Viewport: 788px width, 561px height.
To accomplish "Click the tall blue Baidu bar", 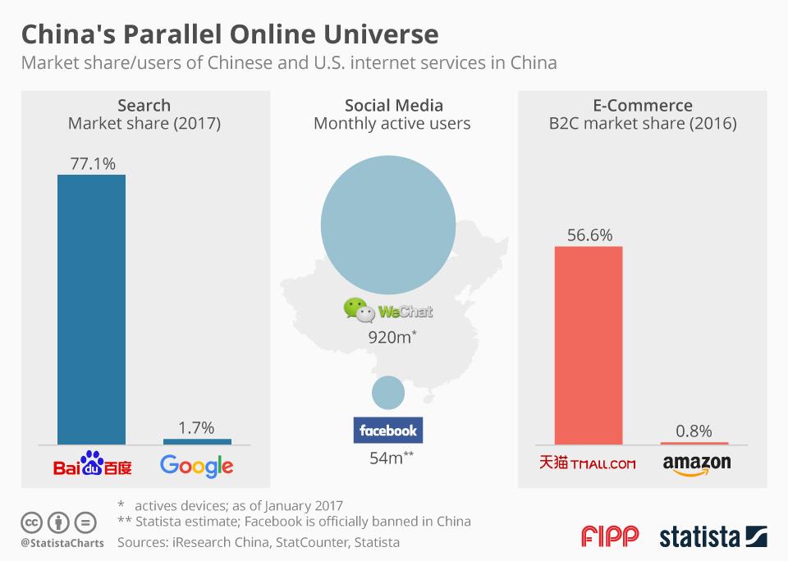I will pos(91,309).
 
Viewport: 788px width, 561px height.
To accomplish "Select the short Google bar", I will pos(197,441).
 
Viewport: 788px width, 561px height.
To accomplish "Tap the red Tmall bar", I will pos(589,344).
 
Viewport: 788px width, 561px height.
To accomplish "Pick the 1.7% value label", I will pos(196,427).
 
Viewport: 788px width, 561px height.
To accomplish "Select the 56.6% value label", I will pos(589,235).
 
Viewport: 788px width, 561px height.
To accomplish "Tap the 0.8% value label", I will pos(694,431).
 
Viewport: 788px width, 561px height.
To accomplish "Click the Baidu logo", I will pos(92,464).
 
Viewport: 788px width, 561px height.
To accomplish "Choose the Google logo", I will pos(197,466).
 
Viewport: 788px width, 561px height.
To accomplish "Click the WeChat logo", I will pos(388,310).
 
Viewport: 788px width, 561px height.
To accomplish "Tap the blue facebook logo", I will pos(388,431).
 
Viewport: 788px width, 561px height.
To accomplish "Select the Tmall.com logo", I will pos(588,463).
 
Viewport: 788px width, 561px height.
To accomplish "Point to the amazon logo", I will pos(696,464).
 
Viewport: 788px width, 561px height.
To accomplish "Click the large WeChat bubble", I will pos(388,222).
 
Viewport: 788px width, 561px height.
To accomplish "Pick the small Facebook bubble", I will pos(388,393).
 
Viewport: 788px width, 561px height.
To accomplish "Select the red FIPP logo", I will pos(609,537).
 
